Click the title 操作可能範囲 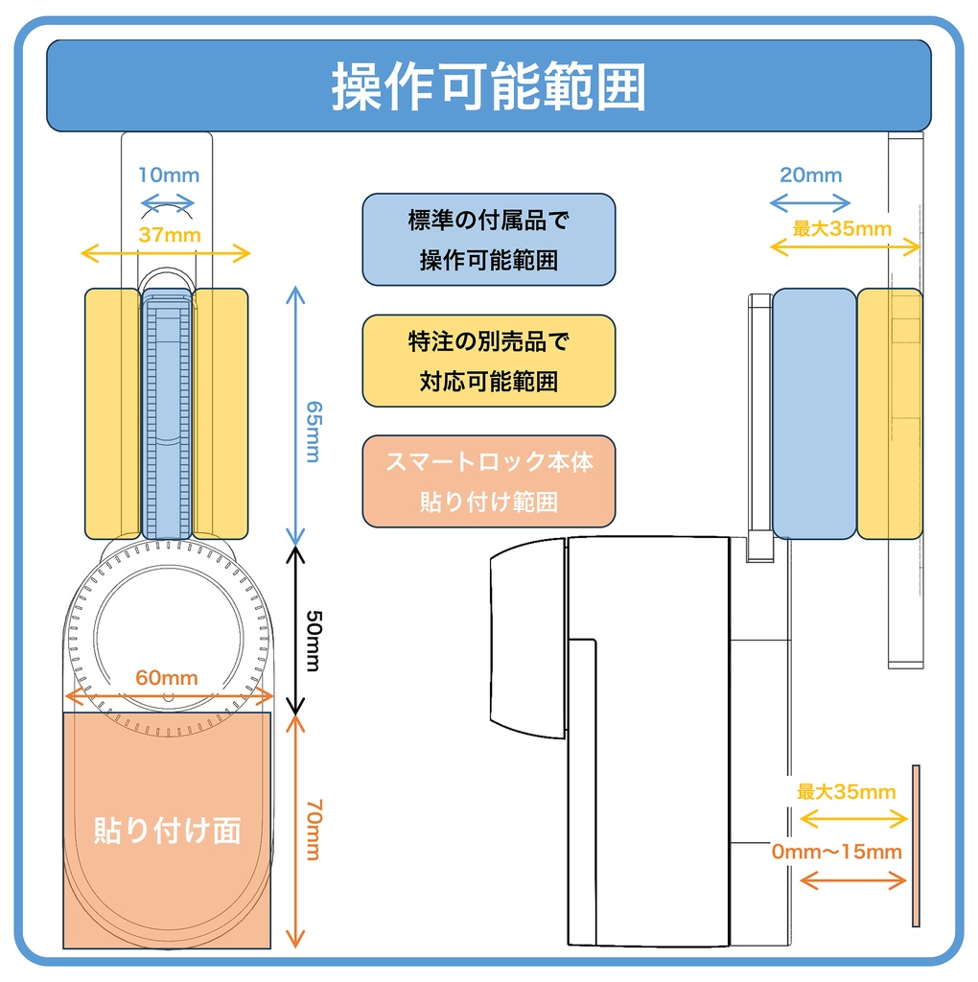coord(488,88)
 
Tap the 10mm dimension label coord(168,175)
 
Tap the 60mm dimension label coord(167,678)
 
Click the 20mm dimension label coord(810,175)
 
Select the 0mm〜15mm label coord(837,851)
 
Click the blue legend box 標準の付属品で coord(488,240)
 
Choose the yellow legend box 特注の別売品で coord(488,361)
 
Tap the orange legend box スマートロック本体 coord(488,481)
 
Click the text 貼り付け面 coord(167,830)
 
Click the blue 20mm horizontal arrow coord(810,203)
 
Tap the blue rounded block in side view coord(813,413)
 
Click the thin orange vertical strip coord(916,847)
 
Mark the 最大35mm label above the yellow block coord(843,229)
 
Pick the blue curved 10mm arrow coord(168,202)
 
